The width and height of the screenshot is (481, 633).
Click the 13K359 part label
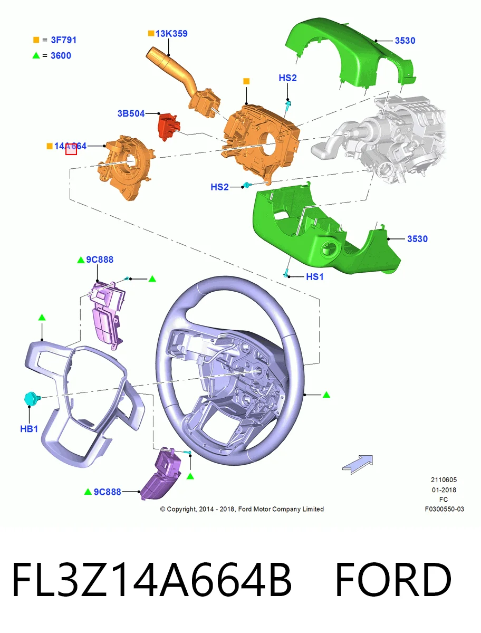pyautogui.click(x=171, y=34)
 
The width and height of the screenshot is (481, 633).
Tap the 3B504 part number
pyautogui.click(x=131, y=113)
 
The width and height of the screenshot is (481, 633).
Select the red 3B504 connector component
pyautogui.click(x=169, y=126)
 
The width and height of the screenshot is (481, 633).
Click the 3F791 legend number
pyautogui.click(x=64, y=40)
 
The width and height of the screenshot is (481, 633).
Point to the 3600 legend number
pyautogui.click(x=61, y=55)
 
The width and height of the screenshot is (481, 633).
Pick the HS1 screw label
pyautogui.click(x=314, y=277)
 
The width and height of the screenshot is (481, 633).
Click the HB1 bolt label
pyautogui.click(x=29, y=429)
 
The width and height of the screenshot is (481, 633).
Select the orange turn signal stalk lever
pyautogui.click(x=182, y=81)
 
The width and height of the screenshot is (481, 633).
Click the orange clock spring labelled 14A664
pyautogui.click(x=126, y=167)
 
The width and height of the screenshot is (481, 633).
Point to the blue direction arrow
pyautogui.click(x=358, y=464)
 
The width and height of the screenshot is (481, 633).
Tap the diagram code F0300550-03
pyautogui.click(x=445, y=509)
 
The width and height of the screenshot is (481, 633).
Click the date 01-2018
pyautogui.click(x=444, y=490)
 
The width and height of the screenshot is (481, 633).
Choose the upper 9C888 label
pyautogui.click(x=100, y=260)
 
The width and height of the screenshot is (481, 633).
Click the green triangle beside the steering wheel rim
pyautogui.click(x=326, y=395)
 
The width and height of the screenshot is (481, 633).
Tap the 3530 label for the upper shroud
pyautogui.click(x=405, y=41)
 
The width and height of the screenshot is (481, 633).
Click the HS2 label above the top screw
pyautogui.click(x=287, y=78)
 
